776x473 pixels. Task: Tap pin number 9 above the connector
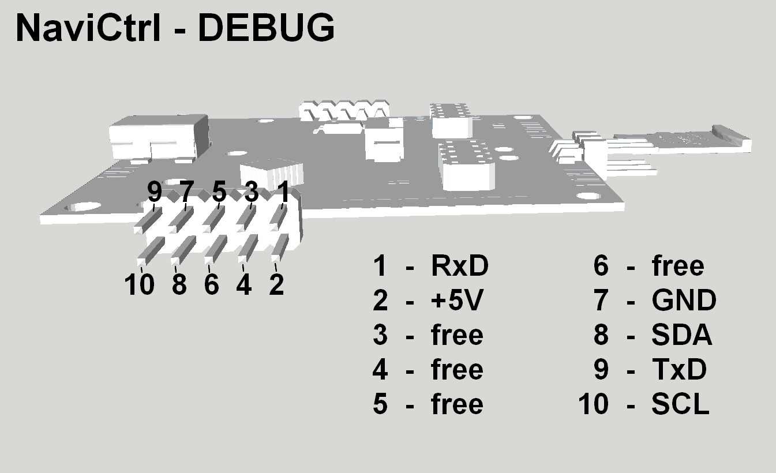(155, 192)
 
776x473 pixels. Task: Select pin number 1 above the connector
(283, 192)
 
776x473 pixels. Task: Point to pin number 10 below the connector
(140, 284)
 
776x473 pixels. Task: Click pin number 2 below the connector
(276, 284)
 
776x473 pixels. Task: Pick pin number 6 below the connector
(212, 284)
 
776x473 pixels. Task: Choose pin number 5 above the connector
(219, 192)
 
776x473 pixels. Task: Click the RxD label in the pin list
(459, 266)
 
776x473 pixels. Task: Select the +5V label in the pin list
(455, 301)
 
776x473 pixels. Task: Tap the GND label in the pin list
(684, 301)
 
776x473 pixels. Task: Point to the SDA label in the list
(681, 335)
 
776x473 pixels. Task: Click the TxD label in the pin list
(678, 370)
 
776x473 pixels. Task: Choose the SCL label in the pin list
(680, 404)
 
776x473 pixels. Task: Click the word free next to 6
(677, 266)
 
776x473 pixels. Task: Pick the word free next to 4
(456, 370)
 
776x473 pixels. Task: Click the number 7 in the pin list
(601, 301)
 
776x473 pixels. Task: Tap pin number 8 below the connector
(179, 284)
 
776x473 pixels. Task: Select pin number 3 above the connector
(252, 192)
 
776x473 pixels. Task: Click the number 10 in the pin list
(594, 404)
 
